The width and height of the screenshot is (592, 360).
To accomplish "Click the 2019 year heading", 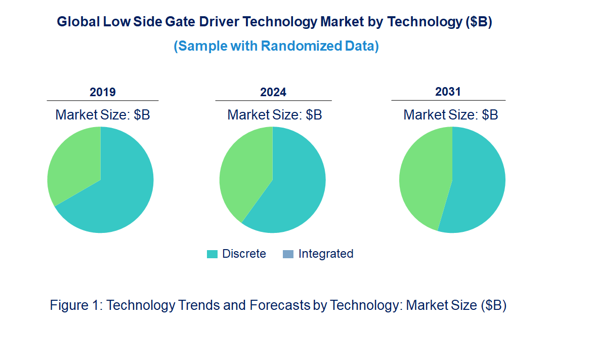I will [x=103, y=92].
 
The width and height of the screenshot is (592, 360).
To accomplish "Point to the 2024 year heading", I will [x=273, y=92].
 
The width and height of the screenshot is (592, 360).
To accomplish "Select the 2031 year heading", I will [x=448, y=92].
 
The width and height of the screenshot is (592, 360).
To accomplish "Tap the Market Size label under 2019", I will [x=103, y=115].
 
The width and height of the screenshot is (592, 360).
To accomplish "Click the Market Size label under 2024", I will [x=275, y=115].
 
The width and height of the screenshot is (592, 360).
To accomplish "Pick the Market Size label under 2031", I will [x=451, y=115].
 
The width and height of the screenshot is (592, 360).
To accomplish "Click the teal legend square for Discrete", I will [x=212, y=254].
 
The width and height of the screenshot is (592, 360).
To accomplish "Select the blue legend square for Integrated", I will [x=288, y=254].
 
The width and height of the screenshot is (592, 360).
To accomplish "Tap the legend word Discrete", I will [x=244, y=254].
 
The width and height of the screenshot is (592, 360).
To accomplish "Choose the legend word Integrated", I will [x=326, y=254].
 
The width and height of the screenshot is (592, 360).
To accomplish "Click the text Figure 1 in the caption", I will [x=76, y=305].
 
